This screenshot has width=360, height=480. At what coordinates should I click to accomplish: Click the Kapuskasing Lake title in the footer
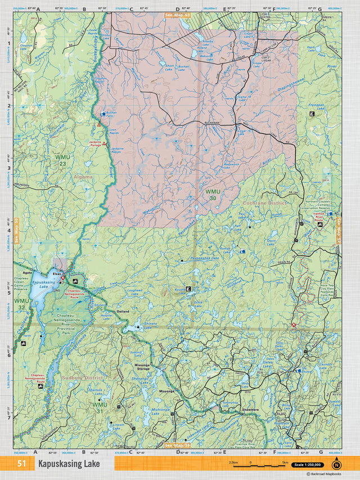[69, 464]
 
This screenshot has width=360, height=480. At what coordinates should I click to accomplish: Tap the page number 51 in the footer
[22, 464]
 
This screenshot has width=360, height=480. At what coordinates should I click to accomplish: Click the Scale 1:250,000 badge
[310, 464]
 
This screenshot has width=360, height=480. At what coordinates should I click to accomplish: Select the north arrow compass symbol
[336, 464]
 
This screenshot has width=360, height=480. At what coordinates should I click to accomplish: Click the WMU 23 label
[61, 160]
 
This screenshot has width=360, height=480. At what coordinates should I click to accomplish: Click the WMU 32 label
[21, 304]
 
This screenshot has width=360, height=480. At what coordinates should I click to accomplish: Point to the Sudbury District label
[83, 378]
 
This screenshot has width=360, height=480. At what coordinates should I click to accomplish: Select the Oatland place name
[123, 311]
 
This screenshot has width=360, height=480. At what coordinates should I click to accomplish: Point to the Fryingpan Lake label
[319, 106]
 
